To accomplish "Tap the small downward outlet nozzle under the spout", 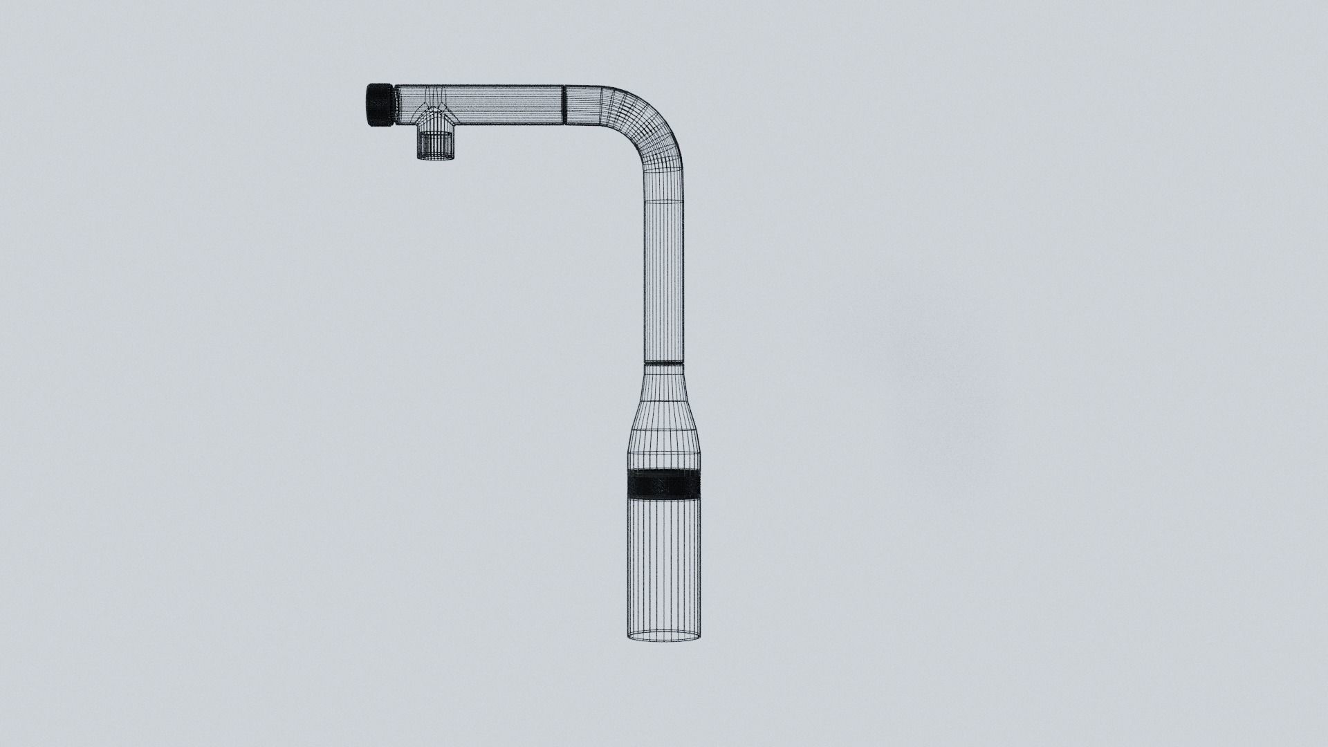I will pyautogui.click(x=435, y=143).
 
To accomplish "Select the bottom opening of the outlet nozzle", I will pyautogui.click(x=435, y=158).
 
